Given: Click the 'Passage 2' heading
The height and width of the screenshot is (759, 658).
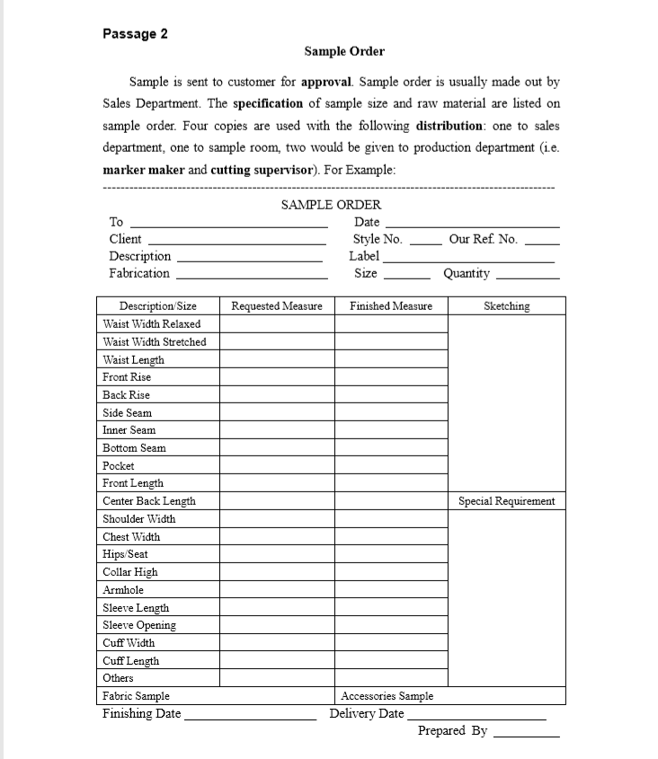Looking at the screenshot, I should click(x=135, y=34).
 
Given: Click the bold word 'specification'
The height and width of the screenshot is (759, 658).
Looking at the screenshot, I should click(x=268, y=103).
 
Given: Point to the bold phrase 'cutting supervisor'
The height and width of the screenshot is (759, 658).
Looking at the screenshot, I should click(x=262, y=170).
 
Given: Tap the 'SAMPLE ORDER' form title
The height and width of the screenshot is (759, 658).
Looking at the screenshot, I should click(x=331, y=205).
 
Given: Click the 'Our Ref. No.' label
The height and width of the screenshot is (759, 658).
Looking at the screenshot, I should click(x=483, y=239).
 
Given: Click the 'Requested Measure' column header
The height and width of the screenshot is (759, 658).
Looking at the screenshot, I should click(x=277, y=306).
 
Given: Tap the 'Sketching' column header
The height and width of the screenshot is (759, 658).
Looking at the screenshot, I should click(x=506, y=306).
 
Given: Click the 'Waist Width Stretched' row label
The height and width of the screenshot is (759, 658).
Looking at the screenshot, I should click(x=155, y=342).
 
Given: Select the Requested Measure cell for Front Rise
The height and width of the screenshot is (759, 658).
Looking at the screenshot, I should click(x=277, y=377).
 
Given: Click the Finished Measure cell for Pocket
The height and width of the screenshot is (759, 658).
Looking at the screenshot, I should click(x=391, y=466).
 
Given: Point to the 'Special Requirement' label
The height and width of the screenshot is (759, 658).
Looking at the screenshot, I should click(x=506, y=501).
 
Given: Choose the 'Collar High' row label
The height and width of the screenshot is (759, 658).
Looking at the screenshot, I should click(x=130, y=572).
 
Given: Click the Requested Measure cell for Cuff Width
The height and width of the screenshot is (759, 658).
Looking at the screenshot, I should click(x=277, y=643).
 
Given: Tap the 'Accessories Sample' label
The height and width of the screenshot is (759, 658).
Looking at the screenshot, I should click(x=387, y=696).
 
